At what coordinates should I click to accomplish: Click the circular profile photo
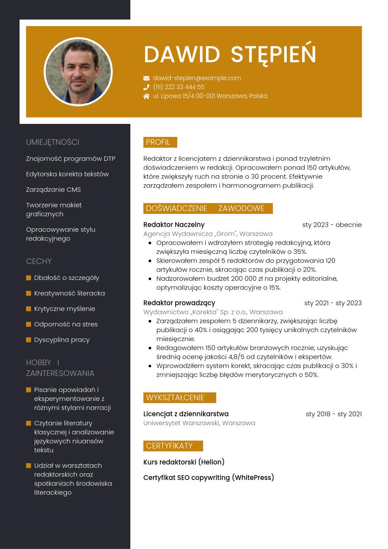[78, 72]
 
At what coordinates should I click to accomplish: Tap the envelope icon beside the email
[146, 78]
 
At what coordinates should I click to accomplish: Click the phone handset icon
[146, 87]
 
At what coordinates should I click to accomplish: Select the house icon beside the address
[146, 96]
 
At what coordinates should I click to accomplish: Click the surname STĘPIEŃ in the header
[273, 54]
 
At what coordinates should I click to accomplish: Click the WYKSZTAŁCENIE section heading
[175, 398]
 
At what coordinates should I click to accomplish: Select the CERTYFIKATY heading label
[169, 446]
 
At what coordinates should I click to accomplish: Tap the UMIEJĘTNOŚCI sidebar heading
[53, 142]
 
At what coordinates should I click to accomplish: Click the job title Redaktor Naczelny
[174, 225]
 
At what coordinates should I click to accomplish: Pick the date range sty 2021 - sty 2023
[333, 303]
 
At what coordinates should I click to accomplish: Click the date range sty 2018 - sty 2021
[334, 414]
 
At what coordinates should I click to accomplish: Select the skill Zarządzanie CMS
[53, 190]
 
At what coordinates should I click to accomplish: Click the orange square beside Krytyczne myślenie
[29, 309]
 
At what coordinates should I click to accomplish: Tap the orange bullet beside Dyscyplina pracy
[29, 339]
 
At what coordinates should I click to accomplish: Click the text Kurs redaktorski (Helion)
[184, 462]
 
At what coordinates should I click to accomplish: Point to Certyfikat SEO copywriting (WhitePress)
[209, 478]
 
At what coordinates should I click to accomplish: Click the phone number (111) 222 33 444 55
[179, 87]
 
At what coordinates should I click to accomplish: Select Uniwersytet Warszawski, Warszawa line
[199, 423]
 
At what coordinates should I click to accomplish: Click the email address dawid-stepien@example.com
[197, 78]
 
